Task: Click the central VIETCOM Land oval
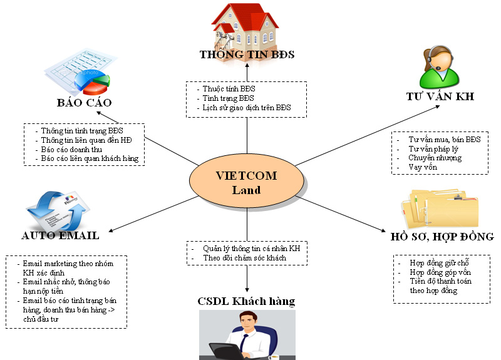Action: [247, 181]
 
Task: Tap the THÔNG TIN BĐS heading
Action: [247, 54]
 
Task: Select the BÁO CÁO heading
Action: [85, 102]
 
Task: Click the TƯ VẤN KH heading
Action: [440, 96]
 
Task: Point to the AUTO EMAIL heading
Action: [60, 235]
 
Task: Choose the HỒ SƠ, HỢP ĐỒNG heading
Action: [442, 237]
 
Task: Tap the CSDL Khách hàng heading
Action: [246, 301]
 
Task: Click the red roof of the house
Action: [244, 16]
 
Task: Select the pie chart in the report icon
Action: [93, 83]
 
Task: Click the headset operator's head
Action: [438, 59]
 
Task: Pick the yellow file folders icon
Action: [440, 208]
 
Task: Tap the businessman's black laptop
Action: [226, 352]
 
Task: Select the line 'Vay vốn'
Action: [423, 167]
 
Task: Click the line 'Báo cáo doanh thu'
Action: [71, 149]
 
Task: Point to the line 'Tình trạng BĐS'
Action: [229, 98]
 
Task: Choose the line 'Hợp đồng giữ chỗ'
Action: [440, 262]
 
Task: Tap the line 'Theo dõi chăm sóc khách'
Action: [245, 258]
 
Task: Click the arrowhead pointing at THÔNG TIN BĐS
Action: [247, 65]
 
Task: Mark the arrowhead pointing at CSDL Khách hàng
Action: [247, 289]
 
